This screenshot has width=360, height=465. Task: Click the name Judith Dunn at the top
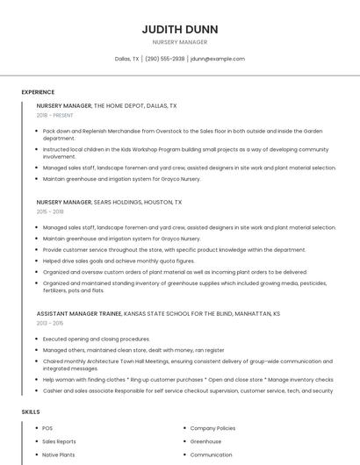(x=179, y=29)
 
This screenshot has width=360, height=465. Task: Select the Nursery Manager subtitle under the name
(x=179, y=42)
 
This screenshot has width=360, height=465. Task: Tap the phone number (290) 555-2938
(x=164, y=59)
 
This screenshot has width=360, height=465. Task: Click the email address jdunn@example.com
(x=218, y=59)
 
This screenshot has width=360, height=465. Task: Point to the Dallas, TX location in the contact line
(x=126, y=59)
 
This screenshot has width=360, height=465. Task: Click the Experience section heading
(x=38, y=91)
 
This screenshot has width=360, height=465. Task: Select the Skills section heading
(x=31, y=411)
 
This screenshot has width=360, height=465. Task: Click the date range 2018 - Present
(x=55, y=115)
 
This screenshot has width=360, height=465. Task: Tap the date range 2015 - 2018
(x=50, y=211)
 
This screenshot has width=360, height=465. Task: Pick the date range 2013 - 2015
(x=50, y=323)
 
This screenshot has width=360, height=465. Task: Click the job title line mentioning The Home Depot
(x=106, y=105)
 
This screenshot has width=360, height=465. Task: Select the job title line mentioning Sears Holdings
(x=109, y=202)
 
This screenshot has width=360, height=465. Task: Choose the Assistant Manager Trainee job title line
(x=158, y=313)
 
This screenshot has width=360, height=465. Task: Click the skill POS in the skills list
(x=47, y=427)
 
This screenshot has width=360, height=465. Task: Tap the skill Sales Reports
(x=59, y=441)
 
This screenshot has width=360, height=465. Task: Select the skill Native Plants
(x=59, y=455)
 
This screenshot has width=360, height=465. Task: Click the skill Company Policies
(x=212, y=427)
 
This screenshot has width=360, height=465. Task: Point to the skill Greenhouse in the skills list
(x=205, y=441)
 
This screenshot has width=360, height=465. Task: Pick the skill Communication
(x=211, y=455)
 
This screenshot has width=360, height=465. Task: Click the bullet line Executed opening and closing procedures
(x=97, y=339)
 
